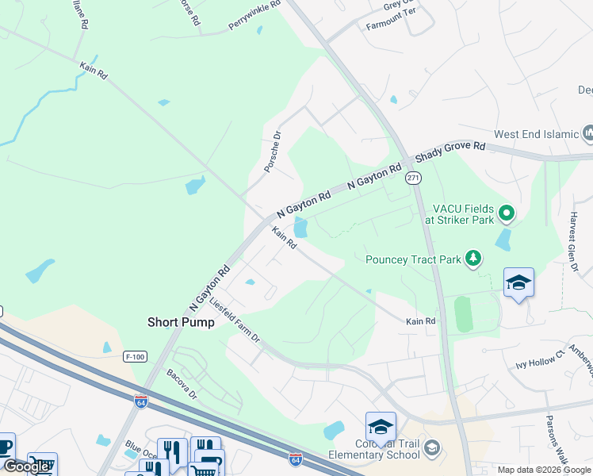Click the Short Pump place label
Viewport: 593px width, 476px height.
point(181,322)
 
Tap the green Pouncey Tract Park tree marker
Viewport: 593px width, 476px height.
point(473,259)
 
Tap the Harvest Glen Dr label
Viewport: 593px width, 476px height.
point(572,243)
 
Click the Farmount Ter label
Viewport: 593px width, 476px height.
point(390,25)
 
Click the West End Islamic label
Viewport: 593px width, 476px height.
point(537,134)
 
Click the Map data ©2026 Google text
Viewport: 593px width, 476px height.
point(544,470)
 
